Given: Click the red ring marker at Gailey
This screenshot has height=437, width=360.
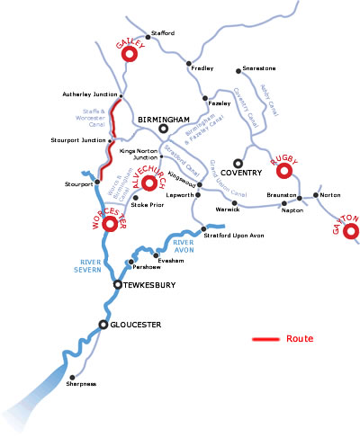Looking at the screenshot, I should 129,54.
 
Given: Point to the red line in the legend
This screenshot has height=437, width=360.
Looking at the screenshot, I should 265,340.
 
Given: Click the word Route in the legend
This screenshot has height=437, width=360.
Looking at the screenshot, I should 299,339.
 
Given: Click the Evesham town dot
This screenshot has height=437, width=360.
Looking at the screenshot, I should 157,255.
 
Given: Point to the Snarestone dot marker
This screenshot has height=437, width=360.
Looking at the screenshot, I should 238,69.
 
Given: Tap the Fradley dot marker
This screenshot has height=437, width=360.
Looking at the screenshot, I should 189,64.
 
